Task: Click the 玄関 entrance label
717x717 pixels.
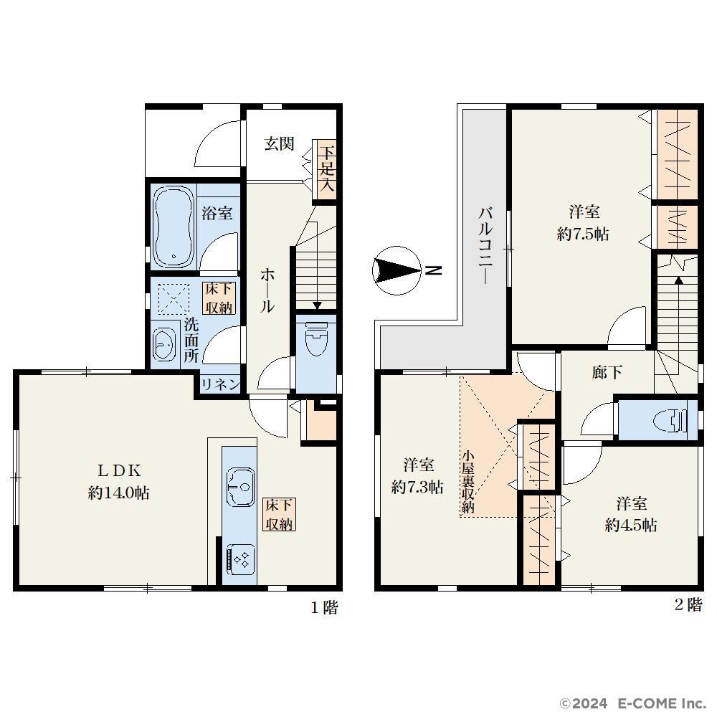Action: point(279,143)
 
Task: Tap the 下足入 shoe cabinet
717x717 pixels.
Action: point(326,170)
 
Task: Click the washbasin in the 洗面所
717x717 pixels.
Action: point(164,343)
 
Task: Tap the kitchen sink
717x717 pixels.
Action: point(240,487)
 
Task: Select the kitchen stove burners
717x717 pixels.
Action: point(240,560)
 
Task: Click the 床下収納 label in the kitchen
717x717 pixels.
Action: point(279,514)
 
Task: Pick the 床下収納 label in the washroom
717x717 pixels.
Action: point(219,298)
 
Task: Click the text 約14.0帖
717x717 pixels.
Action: point(119,493)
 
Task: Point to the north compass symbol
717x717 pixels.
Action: point(397,271)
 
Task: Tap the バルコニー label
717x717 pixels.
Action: point(485,245)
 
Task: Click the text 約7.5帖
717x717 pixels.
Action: point(583,234)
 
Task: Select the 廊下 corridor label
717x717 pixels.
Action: point(607,373)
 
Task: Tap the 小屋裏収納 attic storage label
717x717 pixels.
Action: point(467,482)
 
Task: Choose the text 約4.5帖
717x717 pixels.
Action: point(631,526)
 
